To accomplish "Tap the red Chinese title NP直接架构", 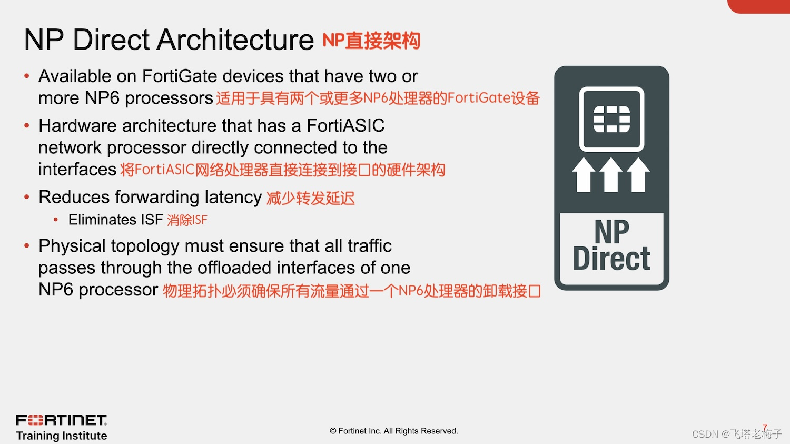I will [x=371, y=41].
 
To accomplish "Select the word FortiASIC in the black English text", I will [x=345, y=126].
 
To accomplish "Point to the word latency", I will [x=233, y=197].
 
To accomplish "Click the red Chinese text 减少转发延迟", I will [x=310, y=198].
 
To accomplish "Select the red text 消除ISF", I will [x=187, y=220].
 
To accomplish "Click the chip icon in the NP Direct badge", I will [x=611, y=119].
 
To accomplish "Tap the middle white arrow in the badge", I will [x=611, y=175].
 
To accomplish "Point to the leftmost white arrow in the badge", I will [x=584, y=175].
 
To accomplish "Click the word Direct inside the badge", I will [x=611, y=259].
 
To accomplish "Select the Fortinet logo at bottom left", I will [x=62, y=420].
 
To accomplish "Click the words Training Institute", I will [x=62, y=436].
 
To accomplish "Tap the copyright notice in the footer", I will [x=394, y=431].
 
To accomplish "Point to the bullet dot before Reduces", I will [x=27, y=198].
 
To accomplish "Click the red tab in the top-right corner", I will [x=758, y=6].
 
